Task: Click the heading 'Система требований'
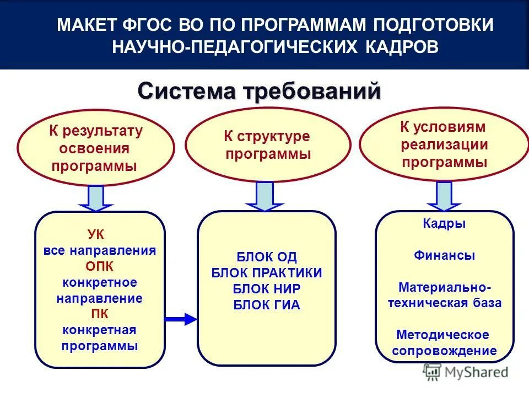point(259,90)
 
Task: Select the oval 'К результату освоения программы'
point(96,148)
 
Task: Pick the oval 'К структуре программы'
point(267,145)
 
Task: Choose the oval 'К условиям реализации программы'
point(444,144)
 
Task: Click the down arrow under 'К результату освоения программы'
point(96,198)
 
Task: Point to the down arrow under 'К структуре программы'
point(265,196)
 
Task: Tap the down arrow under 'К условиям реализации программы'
point(444,196)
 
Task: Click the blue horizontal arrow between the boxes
point(181,319)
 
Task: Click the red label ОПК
point(99,266)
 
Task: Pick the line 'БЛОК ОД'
point(267,256)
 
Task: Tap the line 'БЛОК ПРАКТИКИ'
point(267,272)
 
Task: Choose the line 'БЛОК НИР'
point(267,288)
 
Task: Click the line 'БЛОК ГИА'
point(267,304)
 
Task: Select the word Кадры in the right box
point(444,224)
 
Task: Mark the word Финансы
point(444,256)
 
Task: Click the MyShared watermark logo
point(466,372)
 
